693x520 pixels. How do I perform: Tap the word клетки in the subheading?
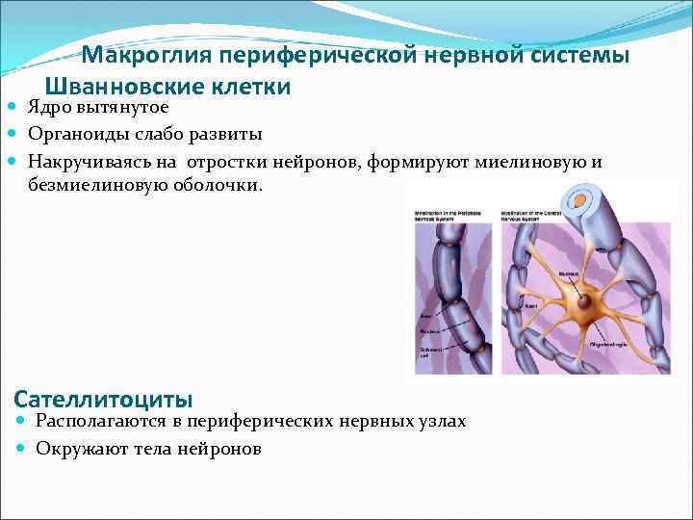click(249, 87)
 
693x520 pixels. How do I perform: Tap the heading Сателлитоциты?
click(104, 398)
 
